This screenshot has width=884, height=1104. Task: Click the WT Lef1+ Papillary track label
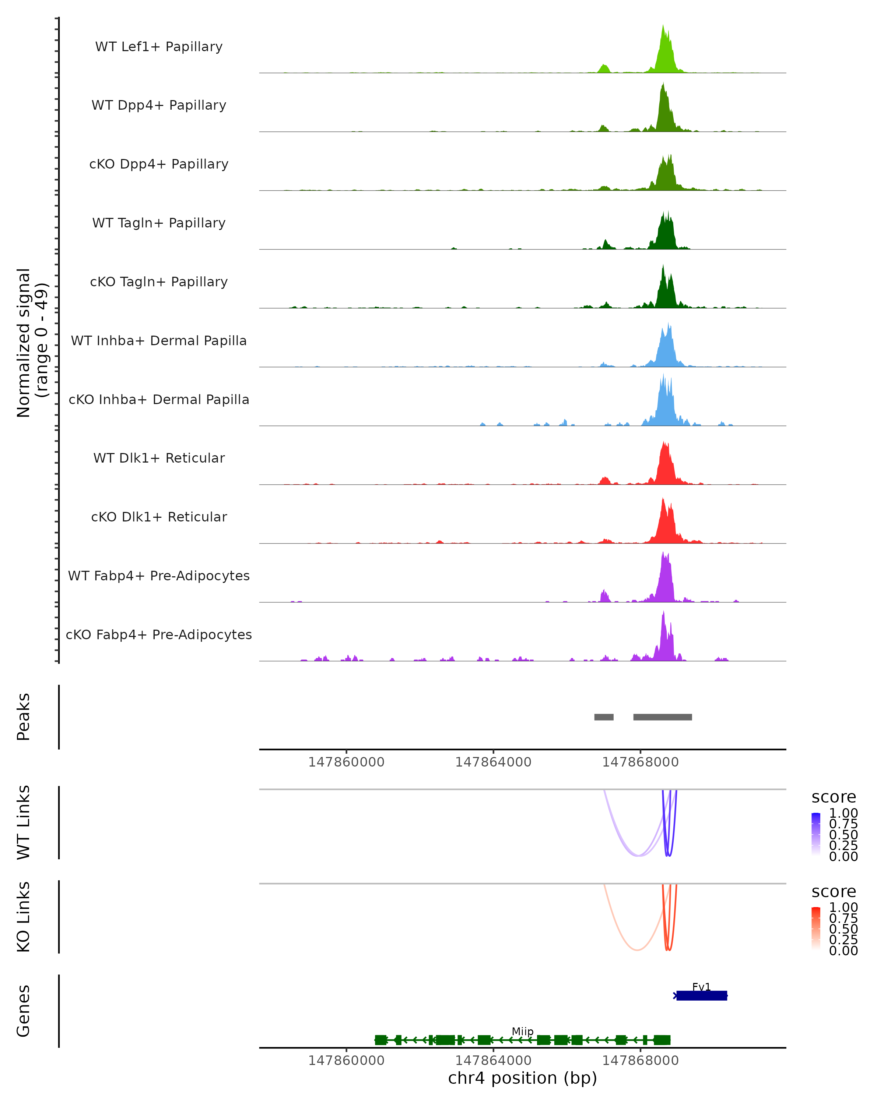point(159,47)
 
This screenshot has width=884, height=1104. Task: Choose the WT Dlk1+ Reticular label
point(159,458)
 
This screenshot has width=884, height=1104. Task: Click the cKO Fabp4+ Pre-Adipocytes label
point(159,634)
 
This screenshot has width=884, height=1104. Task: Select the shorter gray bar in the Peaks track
point(604,717)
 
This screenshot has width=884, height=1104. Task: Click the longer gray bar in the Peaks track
point(663,717)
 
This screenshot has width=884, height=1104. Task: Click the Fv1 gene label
point(701,987)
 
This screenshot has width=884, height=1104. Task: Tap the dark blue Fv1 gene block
point(702,995)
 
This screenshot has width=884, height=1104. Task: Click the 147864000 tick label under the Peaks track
point(493,762)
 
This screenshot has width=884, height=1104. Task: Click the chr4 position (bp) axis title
point(522,1078)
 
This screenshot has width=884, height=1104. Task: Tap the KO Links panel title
point(24,917)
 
